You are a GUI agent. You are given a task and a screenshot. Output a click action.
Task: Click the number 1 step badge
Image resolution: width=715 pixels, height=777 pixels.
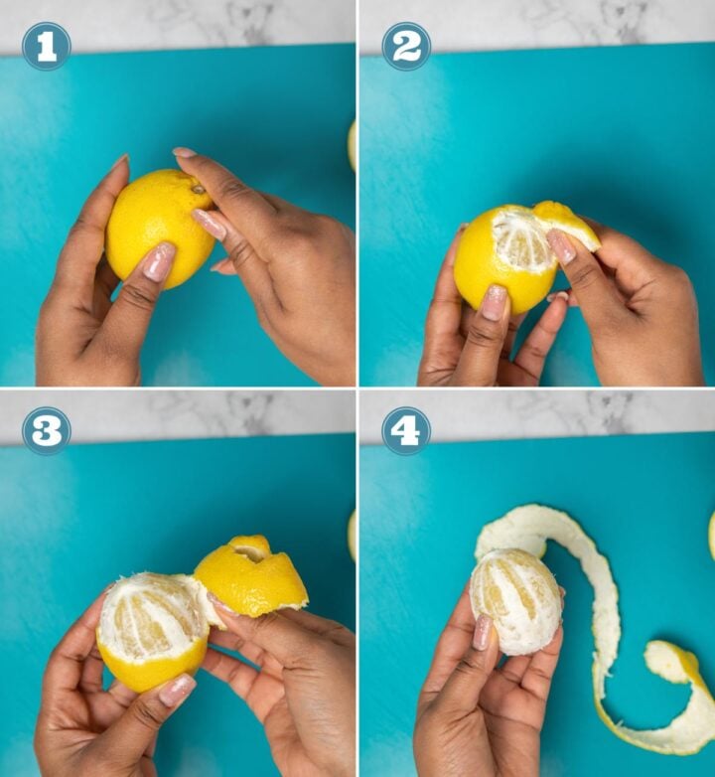pos(46,46)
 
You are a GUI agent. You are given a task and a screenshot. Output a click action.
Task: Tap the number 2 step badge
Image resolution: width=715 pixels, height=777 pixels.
pos(406,46)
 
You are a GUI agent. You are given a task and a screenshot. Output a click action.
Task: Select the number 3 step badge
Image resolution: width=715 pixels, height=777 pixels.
pos(46,430)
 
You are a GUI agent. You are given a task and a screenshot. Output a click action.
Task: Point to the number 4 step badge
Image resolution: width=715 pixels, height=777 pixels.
pos(406,430)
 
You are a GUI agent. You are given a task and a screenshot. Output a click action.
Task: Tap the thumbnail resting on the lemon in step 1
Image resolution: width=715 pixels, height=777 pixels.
pos(158,261)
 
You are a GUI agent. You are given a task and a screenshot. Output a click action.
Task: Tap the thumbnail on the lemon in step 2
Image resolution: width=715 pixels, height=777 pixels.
pos(495,302)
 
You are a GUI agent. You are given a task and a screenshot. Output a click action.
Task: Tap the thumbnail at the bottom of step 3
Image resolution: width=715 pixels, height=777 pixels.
pos(177,690)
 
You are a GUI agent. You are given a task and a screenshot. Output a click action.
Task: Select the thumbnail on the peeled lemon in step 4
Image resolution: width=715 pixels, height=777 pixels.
pos(483,632)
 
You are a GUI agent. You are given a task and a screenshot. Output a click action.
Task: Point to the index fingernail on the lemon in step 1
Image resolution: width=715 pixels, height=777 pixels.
pos(210,224)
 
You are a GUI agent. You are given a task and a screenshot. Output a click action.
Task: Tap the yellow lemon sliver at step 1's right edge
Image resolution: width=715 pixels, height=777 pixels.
pos(352,145)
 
